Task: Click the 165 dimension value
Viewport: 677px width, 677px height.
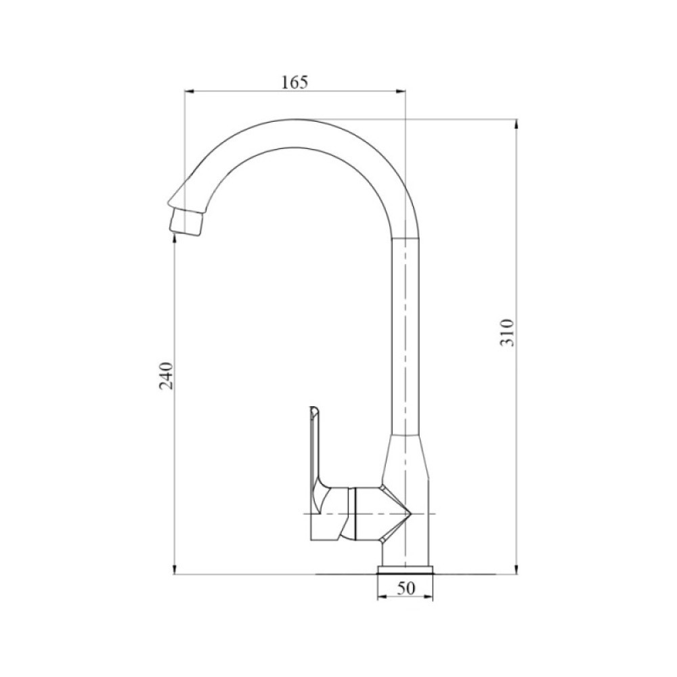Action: pyautogui.click(x=294, y=83)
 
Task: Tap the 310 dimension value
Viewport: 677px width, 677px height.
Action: pyautogui.click(x=508, y=332)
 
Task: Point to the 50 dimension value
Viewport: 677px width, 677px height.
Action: pyautogui.click(x=405, y=589)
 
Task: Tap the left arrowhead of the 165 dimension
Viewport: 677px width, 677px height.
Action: pyautogui.click(x=190, y=91)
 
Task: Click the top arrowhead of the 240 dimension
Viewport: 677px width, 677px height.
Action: pyautogui.click(x=175, y=242)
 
